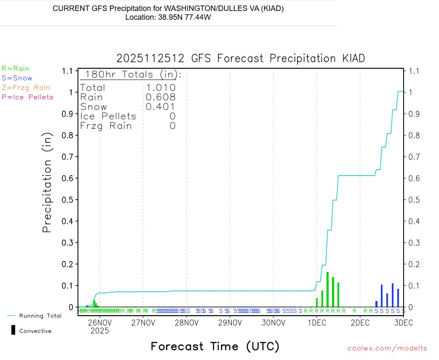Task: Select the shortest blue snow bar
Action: click(377, 304)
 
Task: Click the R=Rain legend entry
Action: click(16, 68)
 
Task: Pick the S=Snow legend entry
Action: click(17, 78)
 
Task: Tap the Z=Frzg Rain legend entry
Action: click(26, 88)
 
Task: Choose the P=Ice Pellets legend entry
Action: click(27, 97)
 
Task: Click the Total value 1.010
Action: click(161, 88)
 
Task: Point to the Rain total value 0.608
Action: click(161, 97)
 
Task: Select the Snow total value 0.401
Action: click(161, 107)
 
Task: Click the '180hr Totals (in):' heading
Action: click(131, 75)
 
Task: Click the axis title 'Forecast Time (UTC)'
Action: click(215, 347)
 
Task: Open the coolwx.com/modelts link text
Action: click(387, 348)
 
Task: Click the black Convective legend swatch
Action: click(13, 330)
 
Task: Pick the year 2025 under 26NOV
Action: click(100, 331)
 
